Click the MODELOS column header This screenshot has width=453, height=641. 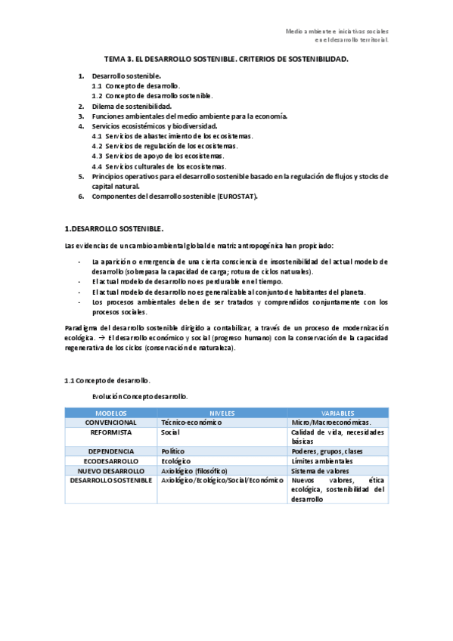click(111, 413)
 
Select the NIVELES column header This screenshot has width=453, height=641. click(222, 413)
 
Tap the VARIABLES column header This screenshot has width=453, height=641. click(338, 413)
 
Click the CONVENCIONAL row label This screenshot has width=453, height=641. click(111, 422)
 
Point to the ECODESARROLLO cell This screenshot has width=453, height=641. click(111, 460)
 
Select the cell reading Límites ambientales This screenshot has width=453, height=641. click(321, 460)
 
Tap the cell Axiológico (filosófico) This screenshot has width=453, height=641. click(194, 470)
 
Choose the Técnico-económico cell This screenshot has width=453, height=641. click(191, 422)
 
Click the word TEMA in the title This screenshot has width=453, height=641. click(114, 58)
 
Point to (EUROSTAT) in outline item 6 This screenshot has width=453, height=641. click(237, 197)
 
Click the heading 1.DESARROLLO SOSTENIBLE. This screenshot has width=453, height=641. click(113, 228)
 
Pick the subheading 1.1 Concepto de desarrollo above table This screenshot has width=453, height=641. click(107, 380)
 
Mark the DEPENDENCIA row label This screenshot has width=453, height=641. click(111, 451)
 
